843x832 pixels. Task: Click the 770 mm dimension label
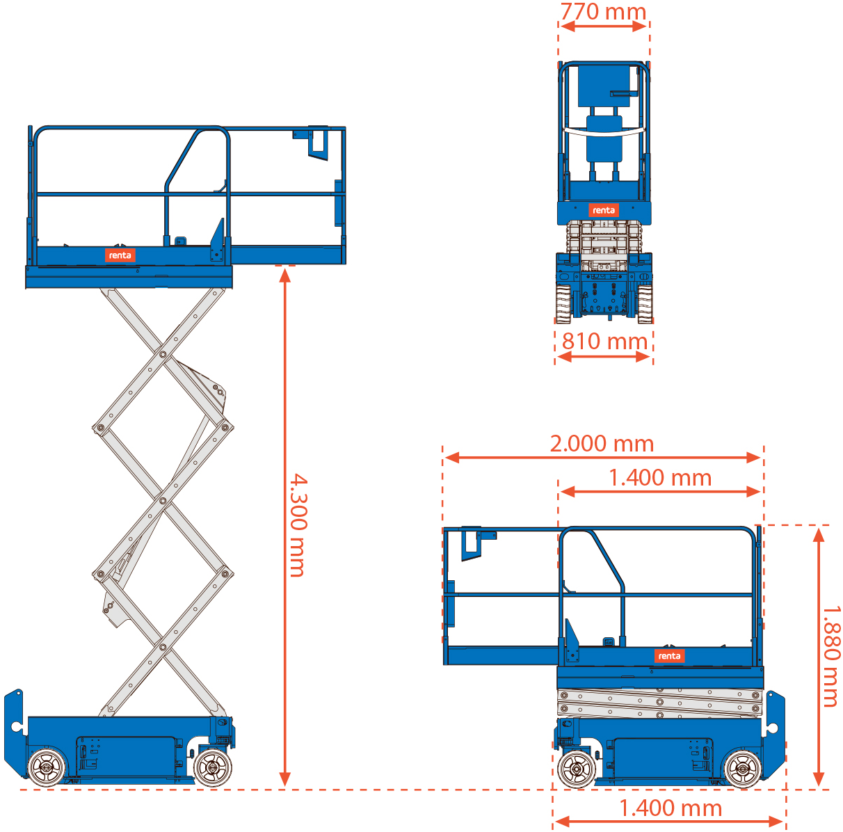pyautogui.click(x=603, y=12)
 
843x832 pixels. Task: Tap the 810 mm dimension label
pyautogui.click(x=604, y=341)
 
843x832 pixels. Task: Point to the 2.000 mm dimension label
pyautogui.click(x=602, y=443)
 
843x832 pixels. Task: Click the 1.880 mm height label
pyautogui.click(x=832, y=655)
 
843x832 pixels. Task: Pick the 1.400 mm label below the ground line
pyautogui.click(x=671, y=808)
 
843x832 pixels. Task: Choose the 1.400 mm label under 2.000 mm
pyautogui.click(x=660, y=477)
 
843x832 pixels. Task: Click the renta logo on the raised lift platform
pyautogui.click(x=120, y=255)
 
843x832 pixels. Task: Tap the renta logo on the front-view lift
pyautogui.click(x=603, y=209)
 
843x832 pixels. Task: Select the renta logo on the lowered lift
pyautogui.click(x=669, y=656)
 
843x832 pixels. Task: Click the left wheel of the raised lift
pyautogui.click(x=47, y=768)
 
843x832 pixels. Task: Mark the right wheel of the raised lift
pyautogui.click(x=212, y=768)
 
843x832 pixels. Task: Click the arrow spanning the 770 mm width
pyautogui.click(x=604, y=26)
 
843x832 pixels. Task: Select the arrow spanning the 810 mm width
pyautogui.click(x=604, y=357)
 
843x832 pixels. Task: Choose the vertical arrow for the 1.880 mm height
pyautogui.click(x=819, y=657)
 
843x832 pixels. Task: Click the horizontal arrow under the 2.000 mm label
pyautogui.click(x=602, y=458)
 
